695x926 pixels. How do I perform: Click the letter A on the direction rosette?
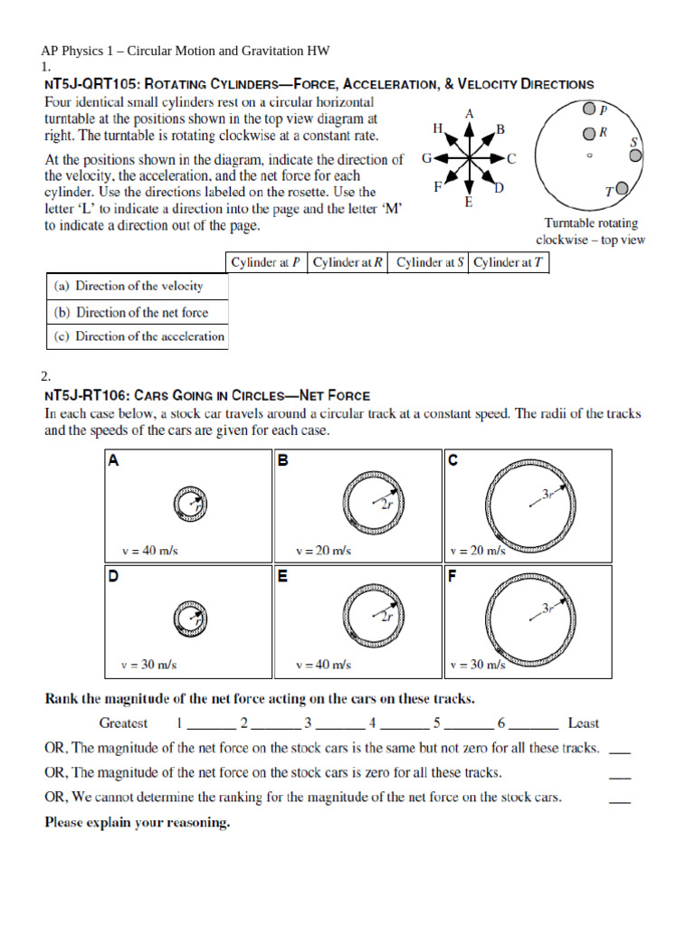[469, 114]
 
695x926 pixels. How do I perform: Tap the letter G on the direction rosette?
[426, 157]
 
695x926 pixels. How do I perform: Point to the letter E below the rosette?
[468, 203]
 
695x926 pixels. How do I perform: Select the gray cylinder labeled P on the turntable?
[589, 109]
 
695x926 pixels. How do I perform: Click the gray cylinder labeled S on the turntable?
[635, 155]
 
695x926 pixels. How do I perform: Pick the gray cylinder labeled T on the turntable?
[622, 190]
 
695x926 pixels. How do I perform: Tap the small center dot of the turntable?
[590, 156]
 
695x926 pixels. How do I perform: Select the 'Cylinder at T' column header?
[509, 262]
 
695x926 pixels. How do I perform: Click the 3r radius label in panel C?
[547, 494]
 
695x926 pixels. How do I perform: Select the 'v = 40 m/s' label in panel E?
[324, 665]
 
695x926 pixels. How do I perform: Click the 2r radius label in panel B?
[386, 506]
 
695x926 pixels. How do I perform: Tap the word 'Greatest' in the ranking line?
[123, 723]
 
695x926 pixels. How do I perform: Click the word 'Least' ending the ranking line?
[583, 723]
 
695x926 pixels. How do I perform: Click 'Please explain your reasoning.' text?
[137, 823]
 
